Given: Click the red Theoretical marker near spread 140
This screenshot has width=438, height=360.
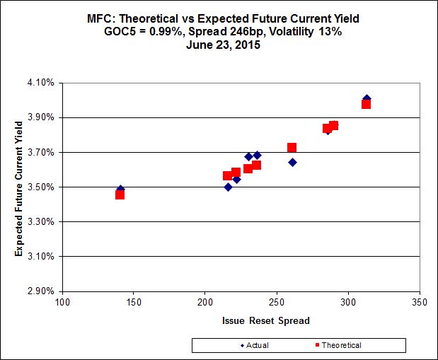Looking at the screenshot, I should point(120,194).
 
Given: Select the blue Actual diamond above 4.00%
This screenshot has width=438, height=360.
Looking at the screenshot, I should point(367,98).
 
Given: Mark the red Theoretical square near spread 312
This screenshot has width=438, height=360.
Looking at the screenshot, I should point(367,105).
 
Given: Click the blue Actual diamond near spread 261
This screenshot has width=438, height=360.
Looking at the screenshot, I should point(292,162).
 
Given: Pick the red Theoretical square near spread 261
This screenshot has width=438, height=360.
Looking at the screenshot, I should point(292,148).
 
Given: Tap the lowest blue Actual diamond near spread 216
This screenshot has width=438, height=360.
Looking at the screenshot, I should point(228,187).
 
